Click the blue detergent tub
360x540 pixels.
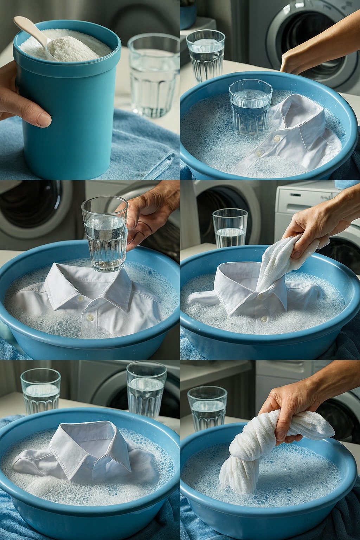point(67,116)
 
